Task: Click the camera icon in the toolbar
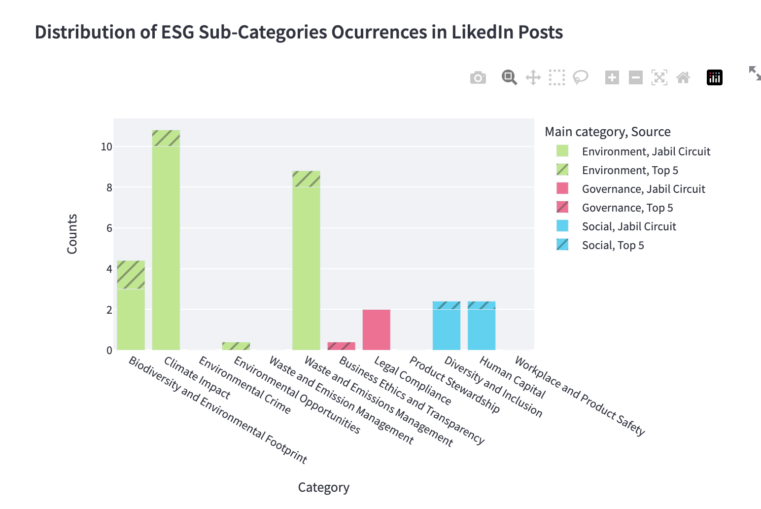coord(478,78)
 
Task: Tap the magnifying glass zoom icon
coord(509,77)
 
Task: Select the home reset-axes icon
coord(683,77)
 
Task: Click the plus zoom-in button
coord(612,77)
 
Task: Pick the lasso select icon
coord(581,77)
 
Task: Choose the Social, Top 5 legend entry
coord(613,245)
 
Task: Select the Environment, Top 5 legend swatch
coord(562,170)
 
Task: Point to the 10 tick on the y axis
coord(106,147)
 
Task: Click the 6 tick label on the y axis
coord(109,228)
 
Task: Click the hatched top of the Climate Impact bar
coord(166,138)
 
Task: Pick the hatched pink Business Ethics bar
coord(341,346)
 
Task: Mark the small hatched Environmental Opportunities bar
coord(236,346)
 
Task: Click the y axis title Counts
coord(72,234)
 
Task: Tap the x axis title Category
coord(323,487)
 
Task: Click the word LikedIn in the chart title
coord(476,33)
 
